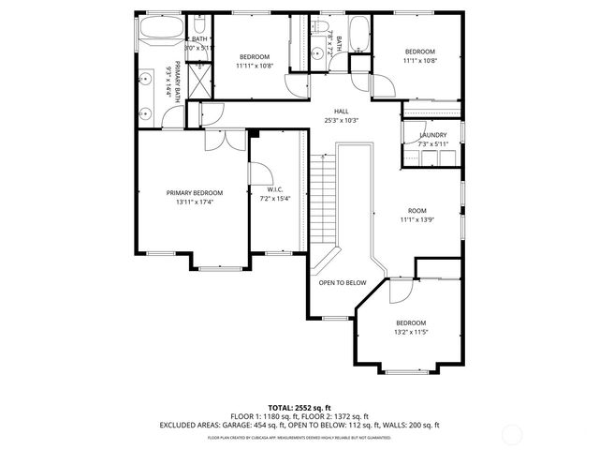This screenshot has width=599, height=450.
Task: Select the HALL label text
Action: (x=341, y=110)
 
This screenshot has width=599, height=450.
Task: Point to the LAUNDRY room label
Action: (x=432, y=135)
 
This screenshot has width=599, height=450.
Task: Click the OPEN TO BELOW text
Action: (x=342, y=282)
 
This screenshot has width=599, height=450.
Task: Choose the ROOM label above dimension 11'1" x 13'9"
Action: (x=416, y=210)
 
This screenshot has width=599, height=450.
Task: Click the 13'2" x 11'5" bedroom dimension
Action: (x=411, y=332)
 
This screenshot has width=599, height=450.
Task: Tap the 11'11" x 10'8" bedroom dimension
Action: (x=254, y=66)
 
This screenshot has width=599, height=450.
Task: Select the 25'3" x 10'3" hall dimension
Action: (x=341, y=120)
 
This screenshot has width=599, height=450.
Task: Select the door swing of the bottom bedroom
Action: (x=399, y=290)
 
